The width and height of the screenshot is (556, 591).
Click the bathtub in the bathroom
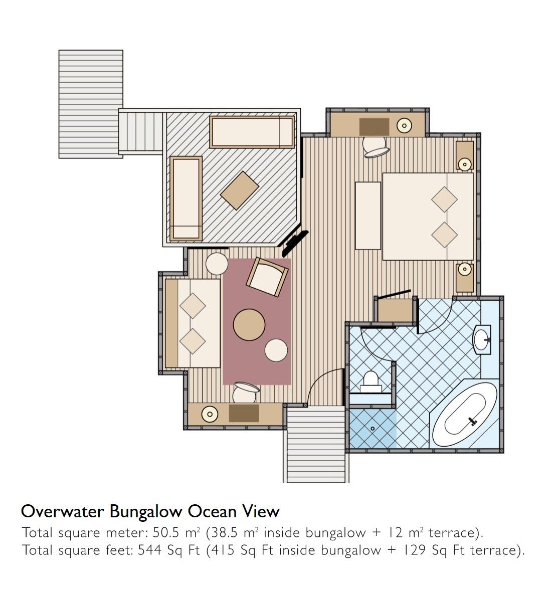(x=465, y=415)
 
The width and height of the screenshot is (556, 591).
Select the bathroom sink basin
(x=482, y=339)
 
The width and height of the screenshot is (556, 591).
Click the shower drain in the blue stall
(x=373, y=429)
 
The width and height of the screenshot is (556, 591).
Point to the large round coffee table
(x=249, y=325)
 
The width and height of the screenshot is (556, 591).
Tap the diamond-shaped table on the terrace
(x=239, y=190)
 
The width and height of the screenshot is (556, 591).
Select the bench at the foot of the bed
(x=368, y=216)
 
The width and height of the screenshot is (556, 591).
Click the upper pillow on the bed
(x=444, y=200)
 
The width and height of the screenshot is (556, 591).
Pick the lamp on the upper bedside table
(x=464, y=164)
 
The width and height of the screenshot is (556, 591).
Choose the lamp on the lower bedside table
(x=464, y=269)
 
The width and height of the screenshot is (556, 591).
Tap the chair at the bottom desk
(x=245, y=392)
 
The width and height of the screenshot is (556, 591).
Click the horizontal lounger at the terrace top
(x=252, y=132)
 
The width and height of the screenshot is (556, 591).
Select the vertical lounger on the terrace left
(x=186, y=199)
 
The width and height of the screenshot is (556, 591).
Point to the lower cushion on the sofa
(x=193, y=341)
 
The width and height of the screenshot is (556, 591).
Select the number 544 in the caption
(x=149, y=550)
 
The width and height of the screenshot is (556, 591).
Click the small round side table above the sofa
(x=217, y=264)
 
